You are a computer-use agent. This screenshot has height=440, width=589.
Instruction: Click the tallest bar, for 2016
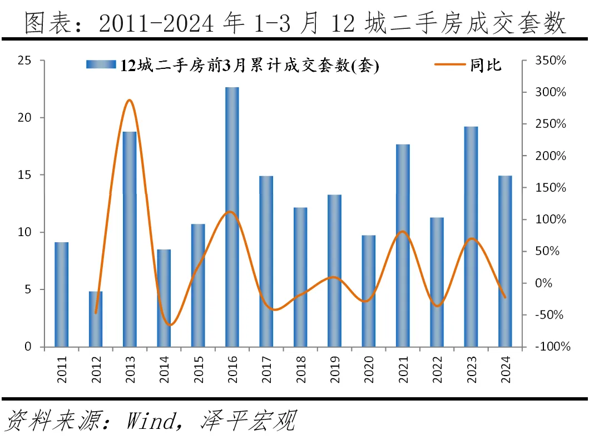click(x=232, y=217)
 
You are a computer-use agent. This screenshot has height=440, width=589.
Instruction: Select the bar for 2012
click(x=96, y=319)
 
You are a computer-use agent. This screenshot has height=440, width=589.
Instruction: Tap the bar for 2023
click(x=471, y=237)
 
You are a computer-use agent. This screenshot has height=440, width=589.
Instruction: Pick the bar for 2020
click(x=369, y=291)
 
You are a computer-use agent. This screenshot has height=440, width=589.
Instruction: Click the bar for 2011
click(x=61, y=294)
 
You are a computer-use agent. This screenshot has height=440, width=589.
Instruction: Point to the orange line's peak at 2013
click(x=129, y=101)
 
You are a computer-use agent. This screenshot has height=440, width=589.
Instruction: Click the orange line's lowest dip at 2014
click(x=169, y=325)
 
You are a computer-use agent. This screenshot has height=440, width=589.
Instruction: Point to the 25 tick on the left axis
click(x=24, y=61)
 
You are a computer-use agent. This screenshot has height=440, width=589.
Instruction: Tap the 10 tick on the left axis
click(x=24, y=232)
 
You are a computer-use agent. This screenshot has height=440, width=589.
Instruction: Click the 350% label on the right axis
click(x=551, y=61)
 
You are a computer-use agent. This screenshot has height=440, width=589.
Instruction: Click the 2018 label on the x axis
click(x=301, y=369)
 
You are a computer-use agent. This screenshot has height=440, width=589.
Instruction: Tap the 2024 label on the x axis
click(x=506, y=369)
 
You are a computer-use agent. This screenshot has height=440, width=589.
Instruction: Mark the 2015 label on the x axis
click(x=199, y=369)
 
